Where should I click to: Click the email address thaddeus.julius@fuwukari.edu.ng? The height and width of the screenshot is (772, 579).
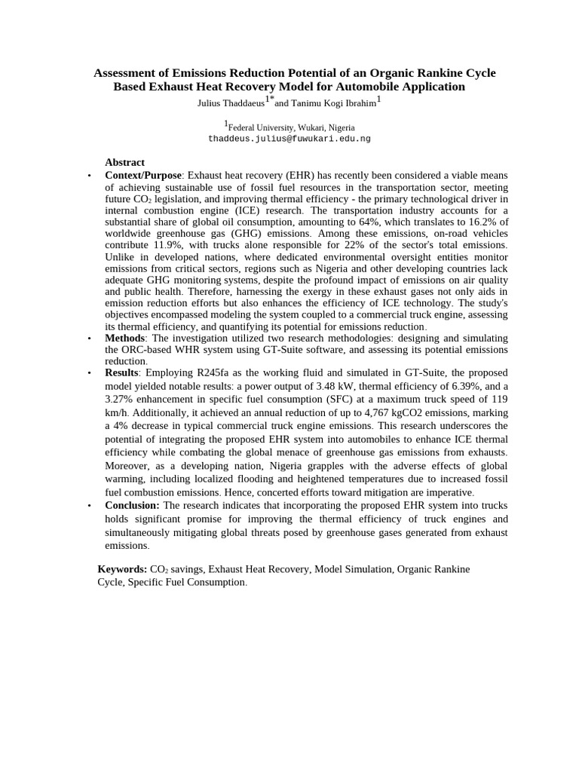coord(289,139)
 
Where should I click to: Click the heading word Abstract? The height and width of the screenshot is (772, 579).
coord(124,162)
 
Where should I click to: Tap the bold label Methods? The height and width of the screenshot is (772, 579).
coord(124,338)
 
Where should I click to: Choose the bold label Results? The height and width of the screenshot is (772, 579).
coord(121,372)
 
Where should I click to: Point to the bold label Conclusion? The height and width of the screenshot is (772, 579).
coord(132,505)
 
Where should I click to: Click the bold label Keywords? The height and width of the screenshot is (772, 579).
coord(122,569)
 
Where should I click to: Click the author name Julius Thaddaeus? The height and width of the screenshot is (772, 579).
coord(230,103)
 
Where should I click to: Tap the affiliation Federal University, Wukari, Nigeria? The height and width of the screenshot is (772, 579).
coord(291,127)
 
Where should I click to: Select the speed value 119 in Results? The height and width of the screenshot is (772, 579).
coord(498,399)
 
